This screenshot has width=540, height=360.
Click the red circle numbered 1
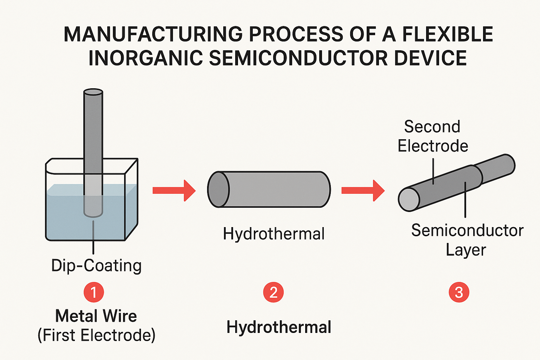(94, 292)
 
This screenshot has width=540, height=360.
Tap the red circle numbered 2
(274, 292)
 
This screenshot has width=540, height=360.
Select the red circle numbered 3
(459, 292)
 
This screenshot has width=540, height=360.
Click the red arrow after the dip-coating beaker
(174, 191)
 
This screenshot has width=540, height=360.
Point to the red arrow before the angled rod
(363, 191)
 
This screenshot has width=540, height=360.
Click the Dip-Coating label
(96, 265)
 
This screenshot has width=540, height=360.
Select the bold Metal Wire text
(96, 316)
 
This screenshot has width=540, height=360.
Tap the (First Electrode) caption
(96, 335)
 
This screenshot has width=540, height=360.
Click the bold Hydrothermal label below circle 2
(279, 328)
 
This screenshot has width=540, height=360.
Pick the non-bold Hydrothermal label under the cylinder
(274, 234)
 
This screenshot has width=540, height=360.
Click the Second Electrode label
(433, 136)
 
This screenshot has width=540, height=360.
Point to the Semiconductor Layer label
(467, 240)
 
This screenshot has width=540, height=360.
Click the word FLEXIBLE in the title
(448, 34)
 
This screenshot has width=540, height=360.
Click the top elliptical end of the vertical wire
(93, 92)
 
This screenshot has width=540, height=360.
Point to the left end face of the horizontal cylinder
(218, 189)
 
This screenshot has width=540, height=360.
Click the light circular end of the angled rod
(409, 200)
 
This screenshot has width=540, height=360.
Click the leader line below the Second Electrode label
(433, 171)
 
